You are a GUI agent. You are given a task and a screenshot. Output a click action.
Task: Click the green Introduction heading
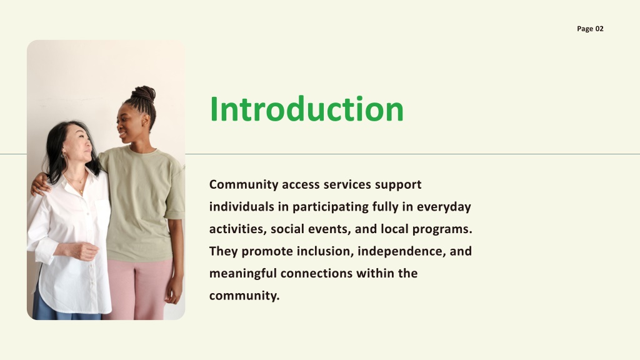[306, 109]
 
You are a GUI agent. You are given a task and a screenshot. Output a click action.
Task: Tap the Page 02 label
[590, 29]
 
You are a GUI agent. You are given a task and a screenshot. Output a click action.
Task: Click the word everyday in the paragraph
[444, 207]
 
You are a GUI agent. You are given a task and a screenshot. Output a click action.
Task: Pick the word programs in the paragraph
[442, 229]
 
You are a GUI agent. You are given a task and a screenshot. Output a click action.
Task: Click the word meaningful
[243, 274]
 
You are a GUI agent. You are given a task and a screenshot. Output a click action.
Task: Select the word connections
[316, 274]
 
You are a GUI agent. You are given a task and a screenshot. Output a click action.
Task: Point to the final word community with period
[244, 296]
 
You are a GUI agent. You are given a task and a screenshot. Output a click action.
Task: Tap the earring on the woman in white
[64, 156]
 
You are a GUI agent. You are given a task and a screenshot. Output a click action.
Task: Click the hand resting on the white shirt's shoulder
[39, 184]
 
